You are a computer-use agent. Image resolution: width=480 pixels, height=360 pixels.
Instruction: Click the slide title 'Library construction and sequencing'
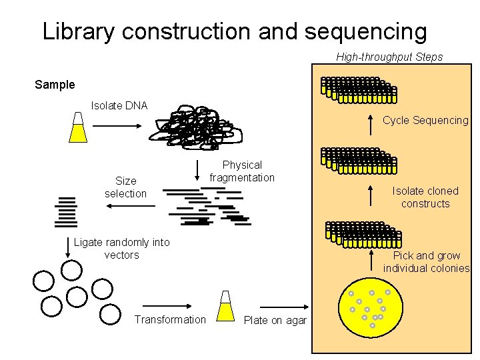coord(234,31)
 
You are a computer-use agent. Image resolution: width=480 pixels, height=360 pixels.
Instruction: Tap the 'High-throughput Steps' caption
coord(389,57)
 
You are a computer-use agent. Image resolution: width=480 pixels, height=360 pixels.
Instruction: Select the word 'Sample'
coord(55,85)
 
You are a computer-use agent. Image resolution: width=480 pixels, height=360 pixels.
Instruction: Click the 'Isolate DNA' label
coord(119,105)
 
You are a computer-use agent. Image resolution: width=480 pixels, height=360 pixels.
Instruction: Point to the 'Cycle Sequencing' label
coord(425,121)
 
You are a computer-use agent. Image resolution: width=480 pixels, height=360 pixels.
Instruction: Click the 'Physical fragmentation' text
coord(242,171)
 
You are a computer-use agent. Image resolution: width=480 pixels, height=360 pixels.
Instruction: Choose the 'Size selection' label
coord(125,187)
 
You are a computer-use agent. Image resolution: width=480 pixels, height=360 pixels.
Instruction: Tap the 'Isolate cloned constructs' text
coord(425,197)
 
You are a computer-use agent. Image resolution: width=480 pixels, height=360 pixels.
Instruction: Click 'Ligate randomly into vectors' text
coord(122,249)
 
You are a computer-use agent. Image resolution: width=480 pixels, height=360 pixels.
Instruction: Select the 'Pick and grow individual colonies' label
coord(426,262)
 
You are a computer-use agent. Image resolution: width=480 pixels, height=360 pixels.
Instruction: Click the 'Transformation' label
coord(170,320)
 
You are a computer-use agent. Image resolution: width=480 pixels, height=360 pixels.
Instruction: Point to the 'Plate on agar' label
coord(275,321)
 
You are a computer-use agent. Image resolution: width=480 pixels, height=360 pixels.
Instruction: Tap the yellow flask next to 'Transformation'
coord(226,306)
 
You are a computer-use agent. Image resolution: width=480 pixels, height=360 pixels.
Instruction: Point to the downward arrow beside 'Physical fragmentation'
coord(197,173)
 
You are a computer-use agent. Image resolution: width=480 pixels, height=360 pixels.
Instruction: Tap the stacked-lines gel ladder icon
coord(67,212)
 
